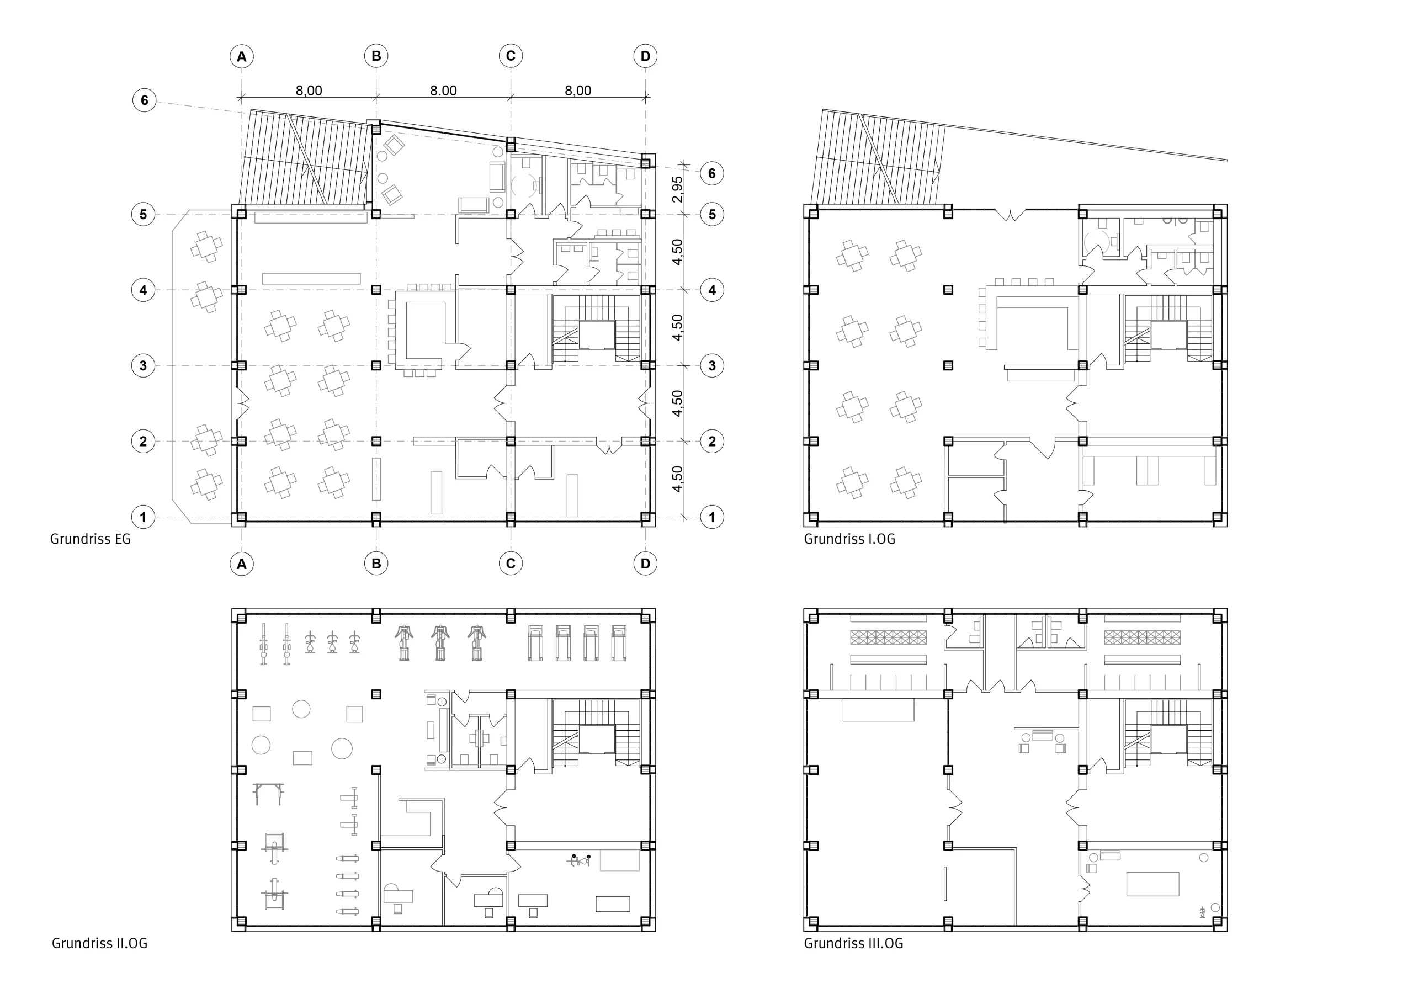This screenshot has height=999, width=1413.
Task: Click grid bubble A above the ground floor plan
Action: coord(242,57)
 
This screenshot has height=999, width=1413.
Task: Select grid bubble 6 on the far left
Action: coord(144,100)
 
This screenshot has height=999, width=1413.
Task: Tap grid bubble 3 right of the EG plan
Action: coord(712,365)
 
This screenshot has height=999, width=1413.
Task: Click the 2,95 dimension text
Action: coord(677,189)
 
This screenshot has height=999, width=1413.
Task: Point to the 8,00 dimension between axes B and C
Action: coord(443,91)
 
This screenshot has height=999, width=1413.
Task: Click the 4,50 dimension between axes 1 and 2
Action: coord(677,479)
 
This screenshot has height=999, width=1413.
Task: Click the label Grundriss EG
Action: coord(91,539)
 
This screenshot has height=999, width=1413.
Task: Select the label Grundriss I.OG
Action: coord(849,539)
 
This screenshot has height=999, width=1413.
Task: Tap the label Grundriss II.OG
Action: coord(99,944)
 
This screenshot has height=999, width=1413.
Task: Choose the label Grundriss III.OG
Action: coord(853,944)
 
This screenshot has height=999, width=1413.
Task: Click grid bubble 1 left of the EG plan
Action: coord(144,517)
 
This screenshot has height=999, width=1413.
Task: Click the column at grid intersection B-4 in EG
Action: coord(376,290)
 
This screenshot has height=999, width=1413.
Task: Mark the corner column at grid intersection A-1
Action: coord(241,518)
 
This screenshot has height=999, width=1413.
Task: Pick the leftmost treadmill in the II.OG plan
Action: coord(535,643)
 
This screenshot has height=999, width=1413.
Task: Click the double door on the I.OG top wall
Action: coord(1011,214)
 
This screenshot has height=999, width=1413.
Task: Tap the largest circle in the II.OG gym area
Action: coord(342,748)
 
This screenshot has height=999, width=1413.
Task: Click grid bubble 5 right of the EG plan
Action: coord(712,215)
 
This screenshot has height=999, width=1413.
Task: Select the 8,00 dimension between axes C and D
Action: coord(577,91)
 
